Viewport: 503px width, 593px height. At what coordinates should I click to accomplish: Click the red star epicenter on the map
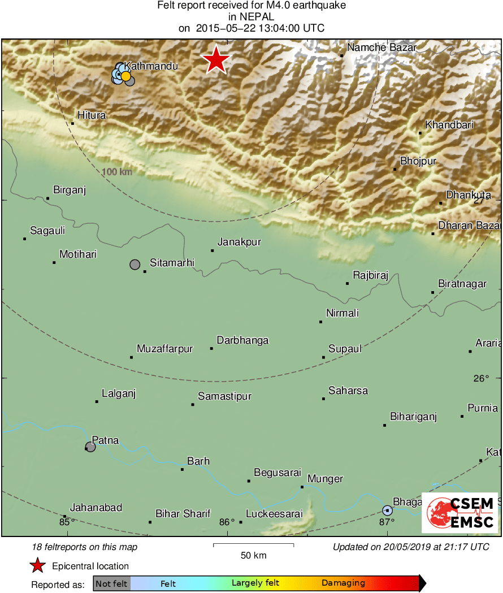click(215, 60)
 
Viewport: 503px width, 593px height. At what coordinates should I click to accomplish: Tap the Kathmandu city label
click(151, 66)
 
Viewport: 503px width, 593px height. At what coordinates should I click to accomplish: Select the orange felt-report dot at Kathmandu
click(126, 76)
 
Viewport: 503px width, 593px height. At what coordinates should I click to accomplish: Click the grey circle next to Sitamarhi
click(135, 264)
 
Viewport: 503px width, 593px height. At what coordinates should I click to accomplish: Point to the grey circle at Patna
click(90, 447)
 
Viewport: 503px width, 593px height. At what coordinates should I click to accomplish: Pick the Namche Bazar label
click(381, 47)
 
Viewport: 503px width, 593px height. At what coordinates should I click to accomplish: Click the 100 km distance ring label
click(117, 171)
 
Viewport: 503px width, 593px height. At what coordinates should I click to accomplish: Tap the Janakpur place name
click(239, 242)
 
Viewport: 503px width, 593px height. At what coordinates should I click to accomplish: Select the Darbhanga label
click(242, 340)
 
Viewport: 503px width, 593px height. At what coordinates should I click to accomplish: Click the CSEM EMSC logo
click(459, 513)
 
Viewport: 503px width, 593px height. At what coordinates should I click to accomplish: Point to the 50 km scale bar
click(253, 546)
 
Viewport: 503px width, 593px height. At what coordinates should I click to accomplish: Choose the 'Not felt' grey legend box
click(111, 583)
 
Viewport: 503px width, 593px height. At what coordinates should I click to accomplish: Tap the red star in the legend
click(38, 566)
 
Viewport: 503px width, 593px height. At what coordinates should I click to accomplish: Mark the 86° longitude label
click(227, 522)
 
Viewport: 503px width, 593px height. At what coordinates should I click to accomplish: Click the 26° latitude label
click(481, 379)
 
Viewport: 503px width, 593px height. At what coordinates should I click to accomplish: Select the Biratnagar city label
click(462, 284)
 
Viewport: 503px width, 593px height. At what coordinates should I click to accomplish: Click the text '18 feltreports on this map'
click(85, 547)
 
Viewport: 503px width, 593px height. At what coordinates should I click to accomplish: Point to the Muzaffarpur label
click(164, 349)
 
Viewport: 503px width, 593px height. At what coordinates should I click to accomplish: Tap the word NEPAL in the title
click(251, 17)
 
